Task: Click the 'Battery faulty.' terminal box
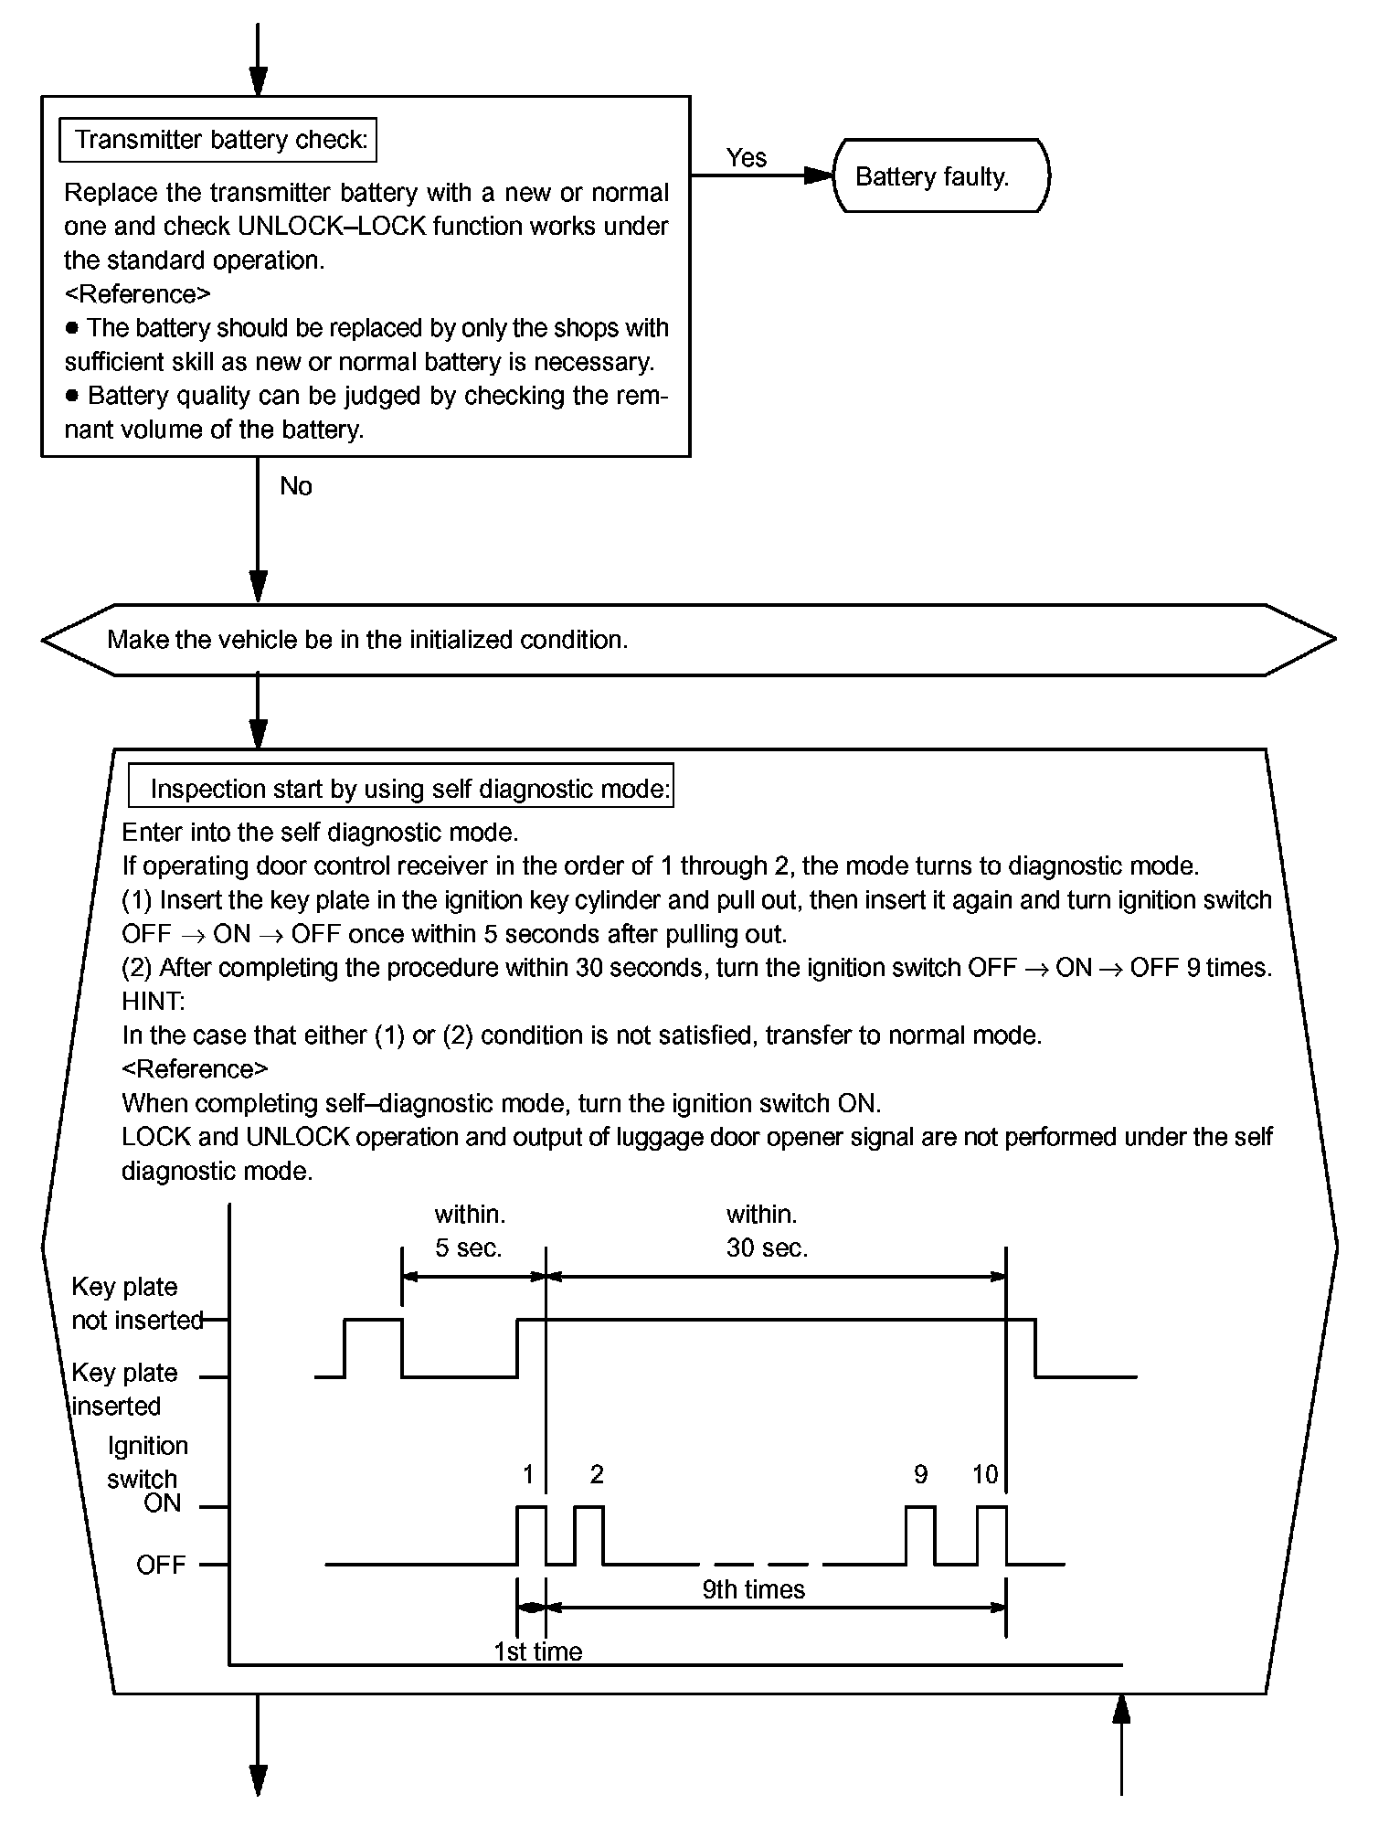tap(940, 176)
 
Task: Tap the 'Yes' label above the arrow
tap(746, 158)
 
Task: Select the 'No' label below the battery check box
tap(296, 486)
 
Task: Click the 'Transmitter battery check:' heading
tap(220, 140)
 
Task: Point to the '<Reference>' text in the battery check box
tap(137, 294)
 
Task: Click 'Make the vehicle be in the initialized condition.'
tap(367, 640)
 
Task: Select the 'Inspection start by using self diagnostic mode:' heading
tap(410, 789)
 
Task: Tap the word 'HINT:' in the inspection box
tap(153, 1002)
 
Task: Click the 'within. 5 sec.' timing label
tap(469, 1231)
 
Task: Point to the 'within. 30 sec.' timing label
tap(766, 1231)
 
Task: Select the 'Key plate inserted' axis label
tap(123, 1389)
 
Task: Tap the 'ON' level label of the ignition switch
tap(163, 1503)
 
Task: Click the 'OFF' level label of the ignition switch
tap(161, 1565)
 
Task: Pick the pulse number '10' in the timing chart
tap(985, 1474)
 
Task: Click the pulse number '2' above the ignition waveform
tap(597, 1474)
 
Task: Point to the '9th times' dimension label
tap(753, 1590)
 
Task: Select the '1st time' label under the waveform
tap(537, 1651)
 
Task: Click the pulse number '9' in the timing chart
tap(920, 1474)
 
